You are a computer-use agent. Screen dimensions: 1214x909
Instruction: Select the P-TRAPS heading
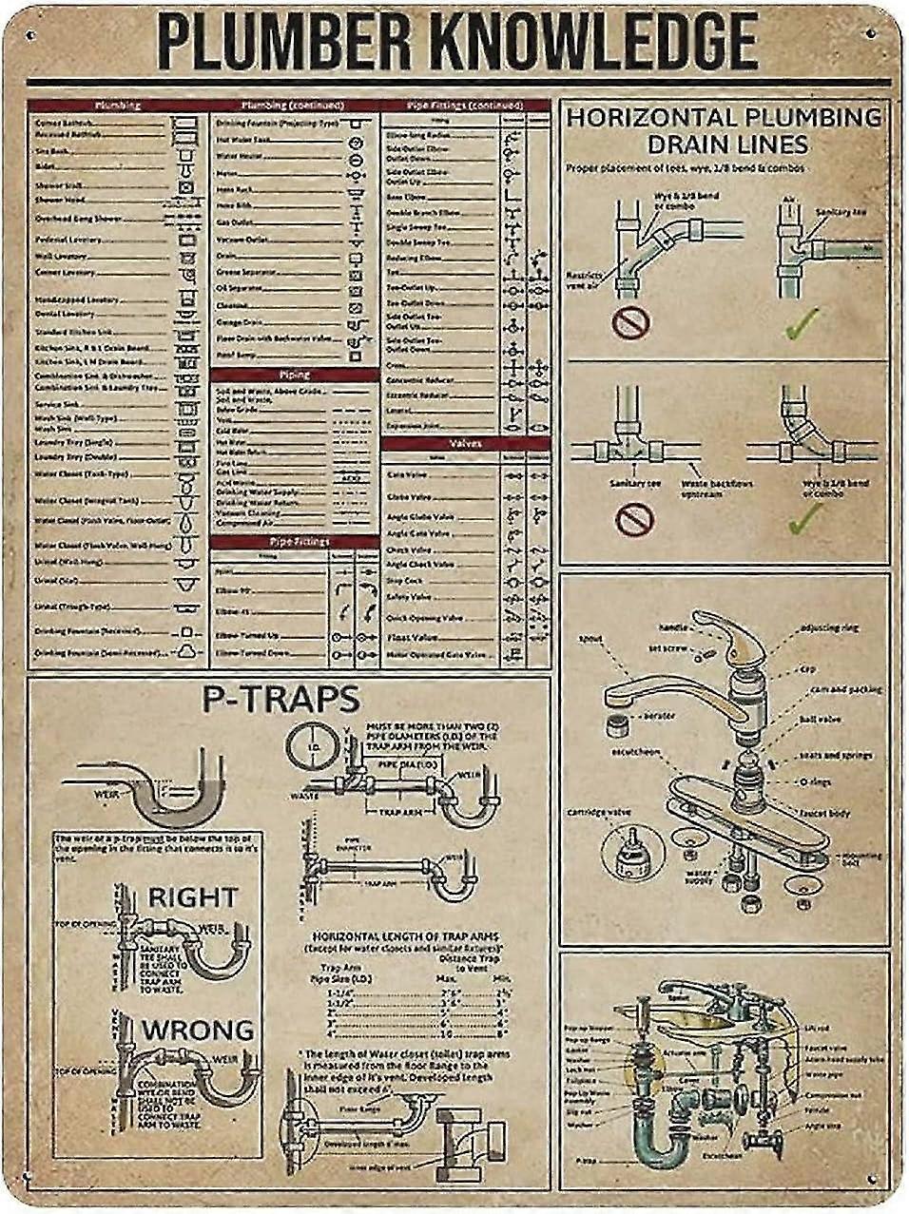pos(280,699)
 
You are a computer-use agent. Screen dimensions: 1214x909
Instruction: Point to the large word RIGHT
pos(192,896)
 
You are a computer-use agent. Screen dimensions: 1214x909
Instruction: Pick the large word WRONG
pos(199,1030)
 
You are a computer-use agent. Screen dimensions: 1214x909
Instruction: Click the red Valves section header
pos(465,444)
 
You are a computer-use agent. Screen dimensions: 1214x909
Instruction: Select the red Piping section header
pos(295,375)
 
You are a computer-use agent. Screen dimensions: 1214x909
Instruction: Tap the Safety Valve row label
pos(409,597)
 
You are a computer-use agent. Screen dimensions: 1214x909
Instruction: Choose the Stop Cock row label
pos(405,580)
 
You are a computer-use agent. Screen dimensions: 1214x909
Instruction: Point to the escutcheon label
pos(635,752)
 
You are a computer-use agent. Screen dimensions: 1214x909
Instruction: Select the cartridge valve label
pos(611,812)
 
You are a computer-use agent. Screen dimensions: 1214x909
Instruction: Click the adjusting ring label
pos(829,628)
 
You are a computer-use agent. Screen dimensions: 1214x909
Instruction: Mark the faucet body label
pos(824,814)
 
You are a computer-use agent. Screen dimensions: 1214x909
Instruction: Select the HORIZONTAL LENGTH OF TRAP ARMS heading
pos(406,935)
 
